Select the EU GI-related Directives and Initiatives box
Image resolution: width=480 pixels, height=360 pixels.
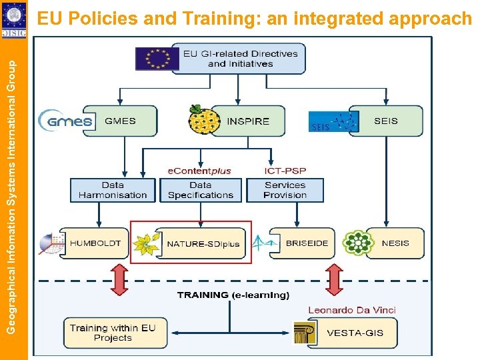[240, 59]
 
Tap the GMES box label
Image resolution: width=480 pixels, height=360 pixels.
[120, 121]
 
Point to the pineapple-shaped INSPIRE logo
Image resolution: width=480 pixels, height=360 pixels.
[203, 121]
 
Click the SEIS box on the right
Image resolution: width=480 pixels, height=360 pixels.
[386, 121]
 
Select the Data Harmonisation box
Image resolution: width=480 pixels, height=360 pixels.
[113, 190]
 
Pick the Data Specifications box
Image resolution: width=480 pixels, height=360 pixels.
[201, 190]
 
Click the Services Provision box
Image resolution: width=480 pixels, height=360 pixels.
[285, 190]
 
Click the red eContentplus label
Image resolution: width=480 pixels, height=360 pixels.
[199, 171]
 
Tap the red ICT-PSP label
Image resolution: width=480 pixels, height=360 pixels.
[285, 171]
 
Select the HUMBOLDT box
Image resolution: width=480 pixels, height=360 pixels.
[96, 243]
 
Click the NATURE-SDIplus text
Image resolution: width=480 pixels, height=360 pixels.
[203, 244]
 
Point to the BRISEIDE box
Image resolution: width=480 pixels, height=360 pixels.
[307, 243]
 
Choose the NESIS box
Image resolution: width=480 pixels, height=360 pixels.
[395, 243]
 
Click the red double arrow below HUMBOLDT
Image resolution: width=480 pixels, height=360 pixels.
[119, 279]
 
